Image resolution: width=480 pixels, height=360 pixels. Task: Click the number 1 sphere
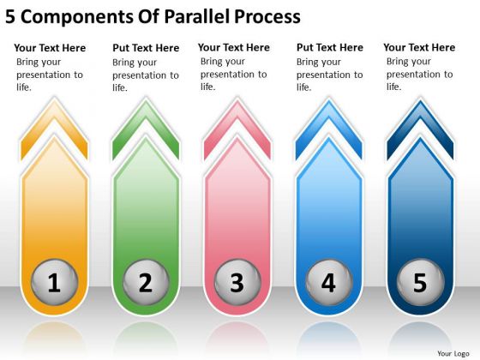pyautogui.click(x=55, y=282)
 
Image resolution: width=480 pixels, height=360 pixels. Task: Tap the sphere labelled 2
pyautogui.click(x=146, y=282)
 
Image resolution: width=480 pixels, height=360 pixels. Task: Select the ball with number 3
pyautogui.click(x=237, y=282)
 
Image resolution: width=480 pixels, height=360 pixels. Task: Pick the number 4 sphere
pyautogui.click(x=329, y=282)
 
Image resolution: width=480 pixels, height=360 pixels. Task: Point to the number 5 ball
pyautogui.click(x=420, y=282)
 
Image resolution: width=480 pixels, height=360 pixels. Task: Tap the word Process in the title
pyautogui.click(x=267, y=17)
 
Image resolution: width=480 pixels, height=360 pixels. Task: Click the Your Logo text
pyautogui.click(x=453, y=353)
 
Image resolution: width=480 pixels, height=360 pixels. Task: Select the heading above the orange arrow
pyautogui.click(x=50, y=48)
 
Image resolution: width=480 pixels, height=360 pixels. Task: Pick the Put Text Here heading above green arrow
pyautogui.click(x=146, y=48)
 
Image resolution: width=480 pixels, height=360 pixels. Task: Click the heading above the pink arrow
pyautogui.click(x=234, y=47)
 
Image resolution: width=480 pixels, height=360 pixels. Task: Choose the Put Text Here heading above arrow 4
pyautogui.click(x=330, y=47)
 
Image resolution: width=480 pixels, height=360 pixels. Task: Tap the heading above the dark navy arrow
pyautogui.click(x=419, y=47)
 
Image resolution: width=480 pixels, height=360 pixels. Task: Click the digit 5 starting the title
pyautogui.click(x=9, y=17)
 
